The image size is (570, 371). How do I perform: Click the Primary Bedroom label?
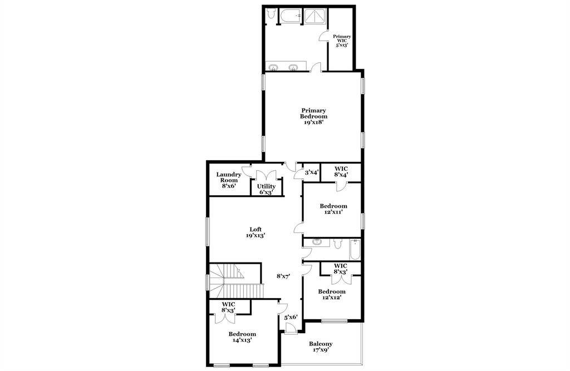[313, 116]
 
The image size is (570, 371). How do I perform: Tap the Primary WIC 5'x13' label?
[342, 41]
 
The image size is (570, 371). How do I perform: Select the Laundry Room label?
[229, 180]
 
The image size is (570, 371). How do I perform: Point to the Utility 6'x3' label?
[266, 189]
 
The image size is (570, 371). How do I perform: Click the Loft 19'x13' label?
[255, 232]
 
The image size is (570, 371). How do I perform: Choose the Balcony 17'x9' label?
[321, 347]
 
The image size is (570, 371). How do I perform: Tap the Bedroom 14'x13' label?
[242, 337]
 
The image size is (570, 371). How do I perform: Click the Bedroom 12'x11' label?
[333, 209]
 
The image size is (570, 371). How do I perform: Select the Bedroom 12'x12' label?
[332, 294]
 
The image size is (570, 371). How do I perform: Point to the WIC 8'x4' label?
[341, 171]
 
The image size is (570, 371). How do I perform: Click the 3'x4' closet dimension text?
[311, 172]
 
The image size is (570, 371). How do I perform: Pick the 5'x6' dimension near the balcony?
[291, 317]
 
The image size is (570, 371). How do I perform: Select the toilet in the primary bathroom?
[270, 15]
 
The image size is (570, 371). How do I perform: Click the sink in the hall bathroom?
[317, 242]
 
